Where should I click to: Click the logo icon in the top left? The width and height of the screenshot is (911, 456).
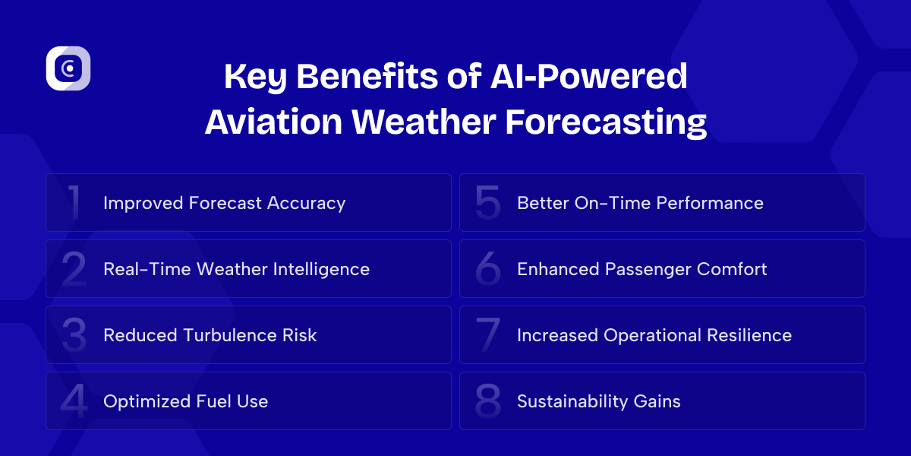point(68,69)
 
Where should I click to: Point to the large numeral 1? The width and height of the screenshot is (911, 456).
point(74,203)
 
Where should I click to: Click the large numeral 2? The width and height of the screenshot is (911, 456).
point(74,269)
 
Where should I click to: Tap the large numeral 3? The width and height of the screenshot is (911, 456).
point(74,335)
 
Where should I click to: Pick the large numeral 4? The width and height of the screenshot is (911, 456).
point(74,401)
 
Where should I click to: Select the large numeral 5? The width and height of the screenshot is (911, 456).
point(487,203)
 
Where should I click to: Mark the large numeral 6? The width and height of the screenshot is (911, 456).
point(487,269)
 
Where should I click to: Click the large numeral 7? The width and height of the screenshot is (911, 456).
point(487,335)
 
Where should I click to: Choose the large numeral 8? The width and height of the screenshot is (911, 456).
point(487,401)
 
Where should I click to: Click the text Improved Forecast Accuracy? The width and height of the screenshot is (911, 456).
point(224,203)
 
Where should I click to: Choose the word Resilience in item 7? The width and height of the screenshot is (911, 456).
point(749,335)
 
